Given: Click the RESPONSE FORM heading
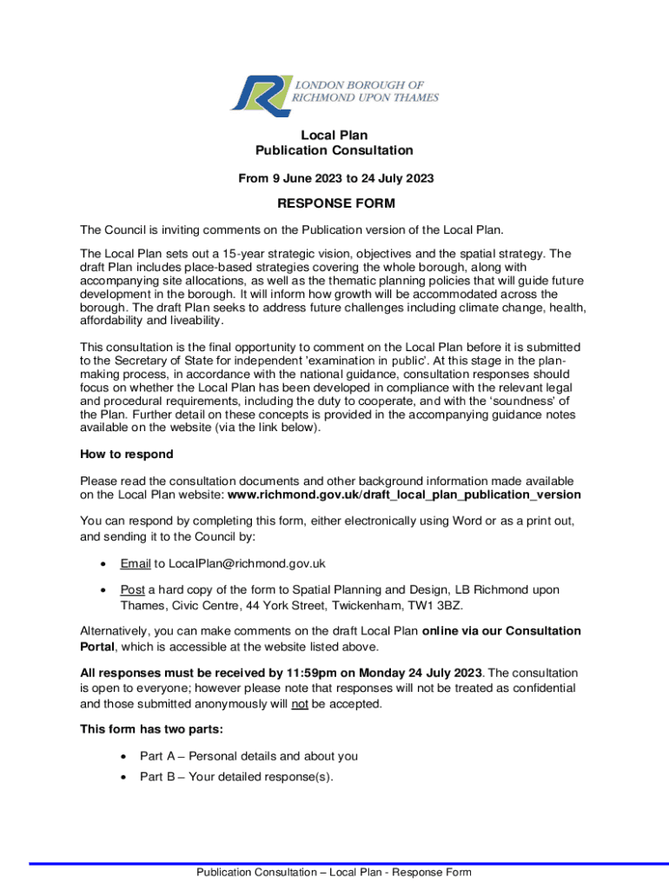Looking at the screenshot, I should (x=335, y=204).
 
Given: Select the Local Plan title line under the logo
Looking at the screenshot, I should (x=334, y=135).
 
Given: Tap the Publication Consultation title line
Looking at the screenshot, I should (x=334, y=150).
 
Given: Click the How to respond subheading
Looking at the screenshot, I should (x=127, y=454).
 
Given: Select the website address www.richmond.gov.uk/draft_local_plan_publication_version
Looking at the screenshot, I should (x=404, y=495).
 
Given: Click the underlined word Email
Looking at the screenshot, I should (x=136, y=563).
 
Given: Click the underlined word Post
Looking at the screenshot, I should (x=132, y=590).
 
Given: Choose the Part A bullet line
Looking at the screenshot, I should (x=248, y=756).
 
